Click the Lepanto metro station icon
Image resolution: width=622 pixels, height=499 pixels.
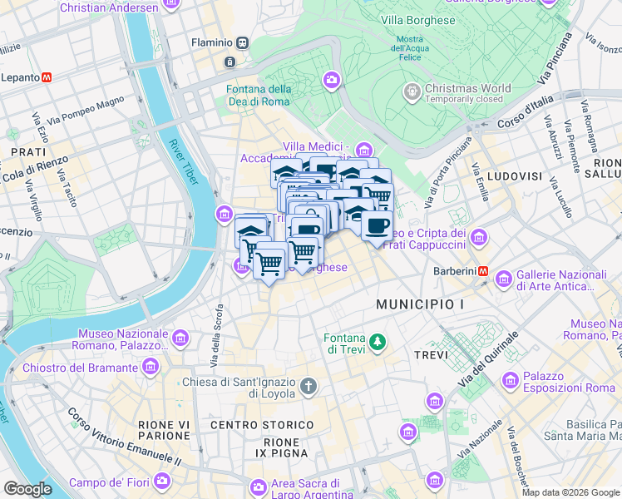(47, 77)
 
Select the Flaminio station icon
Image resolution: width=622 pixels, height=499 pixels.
(242, 42)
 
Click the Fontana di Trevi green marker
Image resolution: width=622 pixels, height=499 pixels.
(378, 342)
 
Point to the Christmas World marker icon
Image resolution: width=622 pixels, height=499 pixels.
(410, 89)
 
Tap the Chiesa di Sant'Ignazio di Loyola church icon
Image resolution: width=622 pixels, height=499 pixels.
(309, 386)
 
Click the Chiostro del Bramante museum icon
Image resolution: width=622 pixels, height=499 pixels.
(151, 367)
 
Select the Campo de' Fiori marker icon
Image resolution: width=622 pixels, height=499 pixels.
(162, 481)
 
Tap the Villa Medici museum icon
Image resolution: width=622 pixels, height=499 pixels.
(363, 150)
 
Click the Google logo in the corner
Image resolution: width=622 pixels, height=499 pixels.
(27, 489)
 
